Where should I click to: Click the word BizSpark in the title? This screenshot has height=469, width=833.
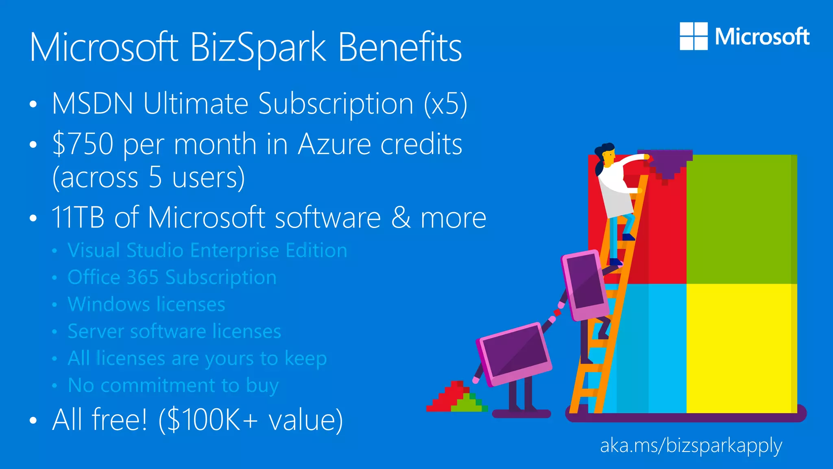pyautogui.click(x=258, y=48)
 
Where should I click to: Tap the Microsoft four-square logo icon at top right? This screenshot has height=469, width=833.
pyautogui.click(x=693, y=36)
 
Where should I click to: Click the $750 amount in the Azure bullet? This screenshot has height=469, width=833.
pyautogui.click(x=83, y=144)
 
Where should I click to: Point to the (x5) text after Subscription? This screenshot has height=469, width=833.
pyautogui.click(x=445, y=103)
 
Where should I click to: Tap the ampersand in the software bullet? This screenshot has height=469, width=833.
pyautogui.click(x=401, y=217)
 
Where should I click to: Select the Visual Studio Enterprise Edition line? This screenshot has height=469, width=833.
pyautogui.click(x=207, y=250)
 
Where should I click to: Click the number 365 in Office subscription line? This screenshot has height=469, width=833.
pyautogui.click(x=142, y=277)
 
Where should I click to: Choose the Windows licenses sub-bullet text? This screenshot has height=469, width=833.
pyautogui.click(x=146, y=305)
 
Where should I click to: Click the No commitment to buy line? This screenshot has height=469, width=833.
pyautogui.click(x=173, y=385)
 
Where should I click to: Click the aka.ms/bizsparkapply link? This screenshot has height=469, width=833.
pyautogui.click(x=691, y=446)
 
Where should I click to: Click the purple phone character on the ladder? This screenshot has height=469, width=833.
pyautogui.click(x=585, y=285)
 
